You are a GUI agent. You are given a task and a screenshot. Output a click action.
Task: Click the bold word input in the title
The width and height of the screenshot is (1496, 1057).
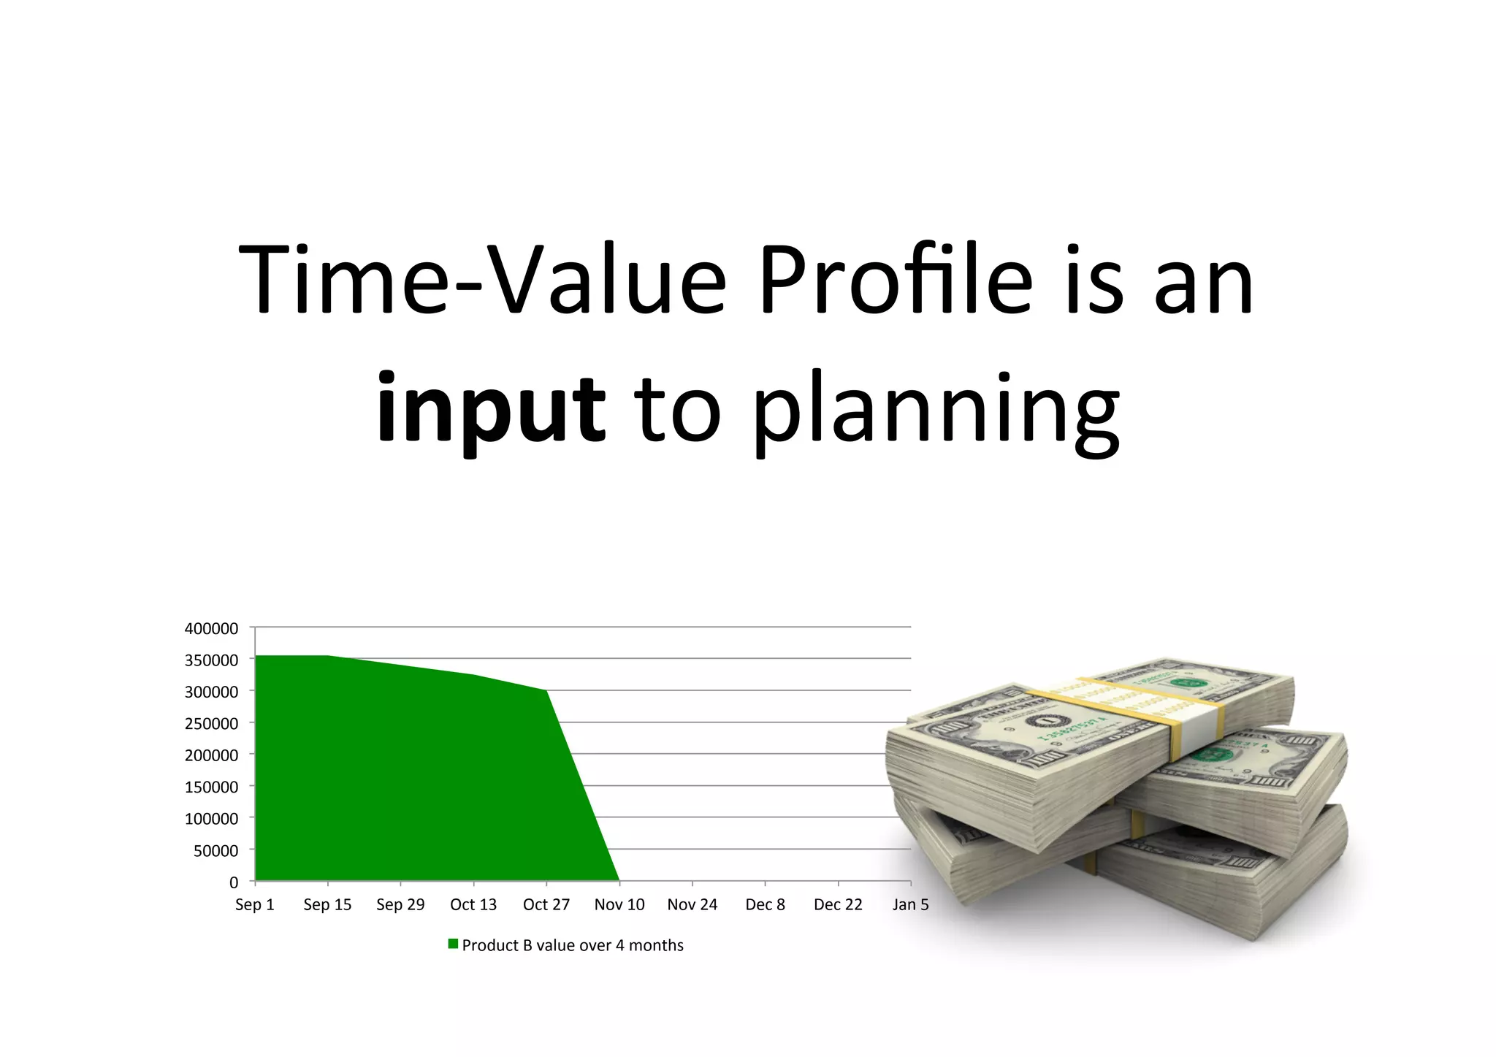click(490, 407)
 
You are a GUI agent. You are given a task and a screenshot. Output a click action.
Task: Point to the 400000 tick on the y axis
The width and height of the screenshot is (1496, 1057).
click(211, 628)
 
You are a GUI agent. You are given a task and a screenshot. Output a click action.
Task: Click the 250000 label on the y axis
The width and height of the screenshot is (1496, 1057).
click(211, 723)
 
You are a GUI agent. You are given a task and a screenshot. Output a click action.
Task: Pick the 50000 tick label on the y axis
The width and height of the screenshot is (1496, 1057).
click(215, 850)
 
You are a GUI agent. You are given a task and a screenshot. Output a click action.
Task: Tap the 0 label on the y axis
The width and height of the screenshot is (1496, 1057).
click(234, 882)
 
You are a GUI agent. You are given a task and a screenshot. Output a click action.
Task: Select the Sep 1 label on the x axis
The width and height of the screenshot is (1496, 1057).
click(254, 904)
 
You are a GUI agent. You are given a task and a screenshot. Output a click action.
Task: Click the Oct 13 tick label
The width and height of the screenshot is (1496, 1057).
click(473, 904)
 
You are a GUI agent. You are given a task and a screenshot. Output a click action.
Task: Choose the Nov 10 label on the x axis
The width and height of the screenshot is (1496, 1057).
click(619, 904)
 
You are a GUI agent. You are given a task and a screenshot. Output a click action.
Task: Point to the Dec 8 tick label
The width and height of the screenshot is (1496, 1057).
click(765, 904)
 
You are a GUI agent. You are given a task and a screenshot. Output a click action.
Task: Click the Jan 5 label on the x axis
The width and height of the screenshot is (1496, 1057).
click(910, 904)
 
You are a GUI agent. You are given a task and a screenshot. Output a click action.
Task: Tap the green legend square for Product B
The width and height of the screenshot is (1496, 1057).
click(453, 944)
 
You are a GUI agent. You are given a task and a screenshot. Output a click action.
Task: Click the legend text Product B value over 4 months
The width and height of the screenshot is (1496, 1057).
click(573, 945)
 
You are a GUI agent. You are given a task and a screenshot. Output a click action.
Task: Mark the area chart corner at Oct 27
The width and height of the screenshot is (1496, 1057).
click(546, 690)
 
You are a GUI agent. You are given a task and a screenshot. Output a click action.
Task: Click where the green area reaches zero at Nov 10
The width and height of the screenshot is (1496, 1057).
click(619, 880)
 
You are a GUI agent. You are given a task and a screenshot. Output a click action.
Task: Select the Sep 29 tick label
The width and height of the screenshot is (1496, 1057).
click(400, 904)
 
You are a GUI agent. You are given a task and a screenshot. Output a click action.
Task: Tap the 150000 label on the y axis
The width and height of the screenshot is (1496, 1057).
click(211, 787)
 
